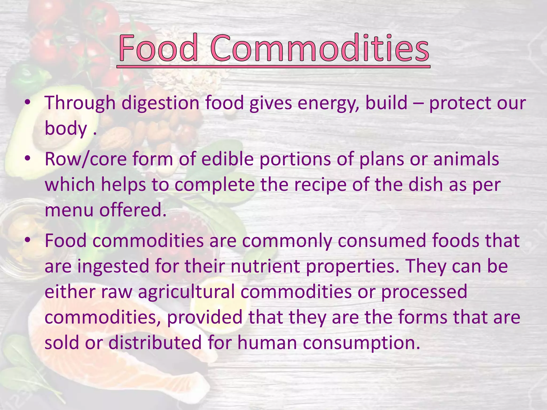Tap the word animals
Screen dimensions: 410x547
click(x=466, y=159)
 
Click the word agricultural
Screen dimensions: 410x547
click(x=186, y=292)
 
